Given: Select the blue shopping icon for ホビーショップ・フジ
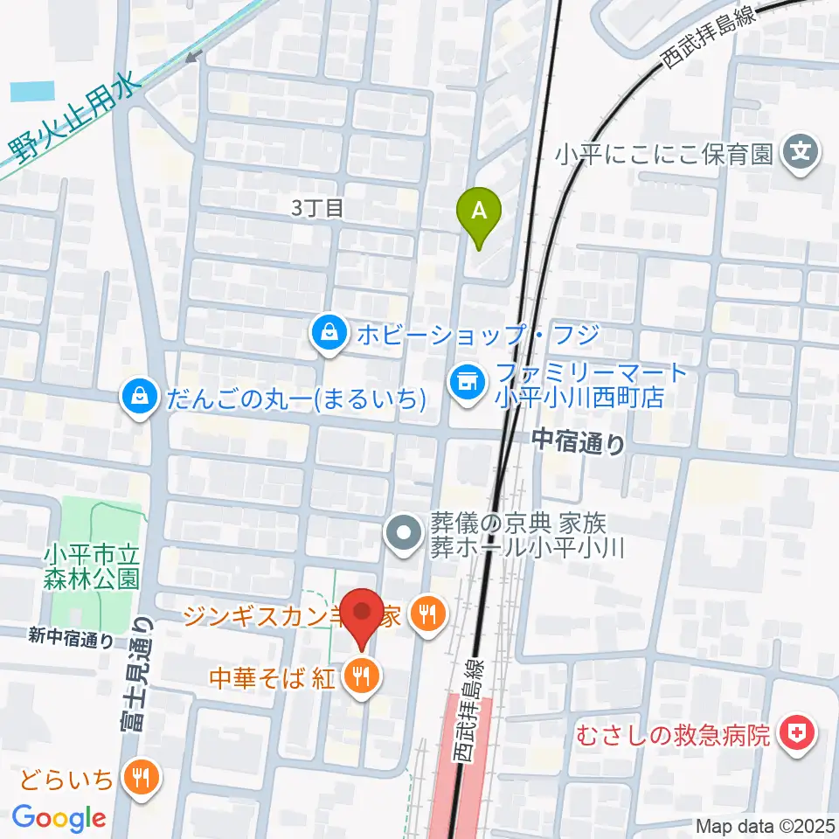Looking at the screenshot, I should click(328, 334).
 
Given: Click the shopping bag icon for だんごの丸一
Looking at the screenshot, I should click(140, 399).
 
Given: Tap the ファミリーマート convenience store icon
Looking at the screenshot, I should click(465, 381).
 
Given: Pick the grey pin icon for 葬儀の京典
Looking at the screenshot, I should click(404, 536).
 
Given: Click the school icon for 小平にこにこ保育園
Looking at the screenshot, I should click(801, 155).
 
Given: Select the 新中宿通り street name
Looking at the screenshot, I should click(71, 639).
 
